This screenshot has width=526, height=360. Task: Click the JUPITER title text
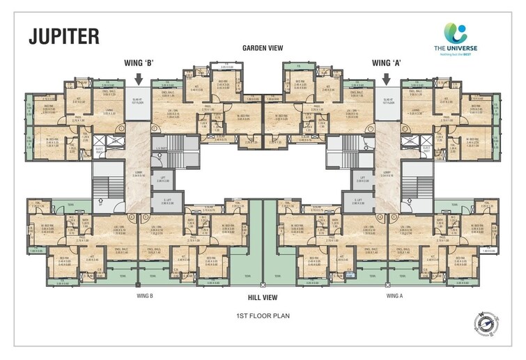tap(63, 36)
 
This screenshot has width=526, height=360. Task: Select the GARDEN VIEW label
tap(262, 48)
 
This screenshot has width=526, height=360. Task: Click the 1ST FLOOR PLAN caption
tap(262, 315)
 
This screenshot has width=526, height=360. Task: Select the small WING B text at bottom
tap(146, 295)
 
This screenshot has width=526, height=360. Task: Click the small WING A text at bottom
tap(396, 295)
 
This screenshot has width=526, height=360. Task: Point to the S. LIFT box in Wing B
tap(160, 202)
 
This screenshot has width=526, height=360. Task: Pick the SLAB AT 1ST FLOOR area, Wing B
tap(137, 100)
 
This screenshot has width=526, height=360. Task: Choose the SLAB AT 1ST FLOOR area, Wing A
tap(387, 100)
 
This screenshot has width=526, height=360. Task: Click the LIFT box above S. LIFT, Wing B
tap(160, 180)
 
